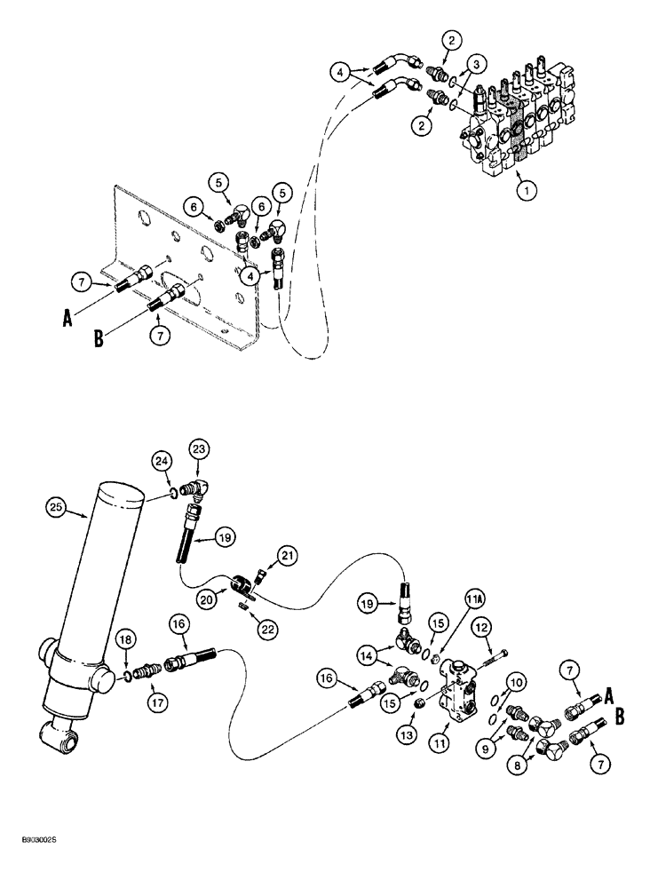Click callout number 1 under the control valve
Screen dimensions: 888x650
[528, 188]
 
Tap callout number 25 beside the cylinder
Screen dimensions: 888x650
[57, 508]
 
